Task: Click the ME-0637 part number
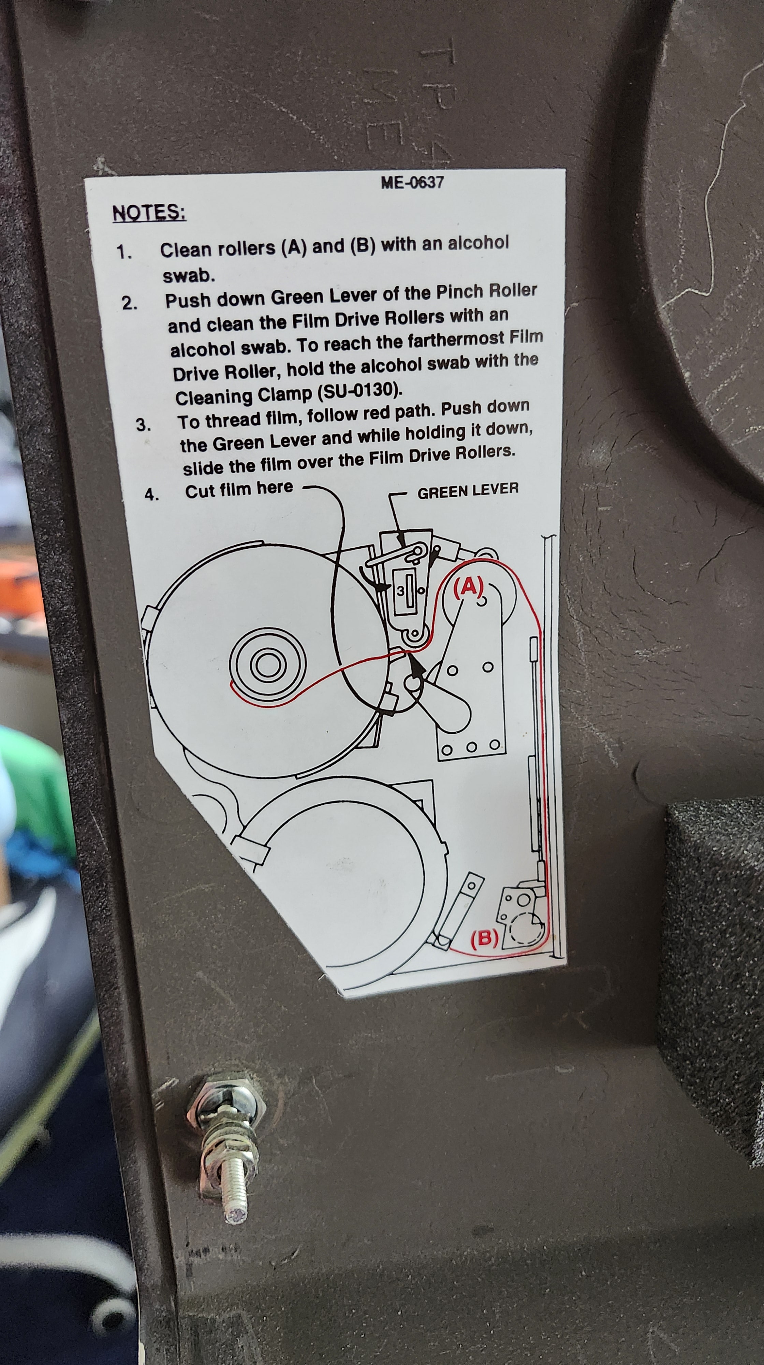pos(412,183)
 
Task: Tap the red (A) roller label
pos(468,587)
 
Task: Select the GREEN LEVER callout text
pos(468,491)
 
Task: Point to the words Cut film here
pos(239,489)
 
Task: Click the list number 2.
pos(129,303)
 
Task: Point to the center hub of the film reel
pos(268,664)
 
